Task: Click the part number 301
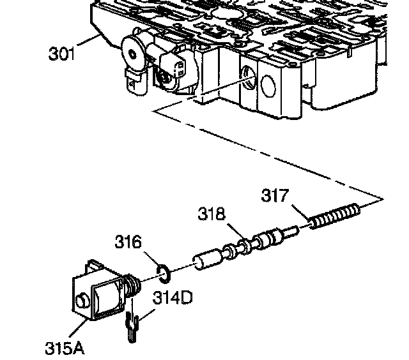[x=62, y=53]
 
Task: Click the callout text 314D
[x=171, y=297]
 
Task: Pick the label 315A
[x=64, y=347]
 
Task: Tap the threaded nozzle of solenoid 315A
[x=132, y=283]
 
